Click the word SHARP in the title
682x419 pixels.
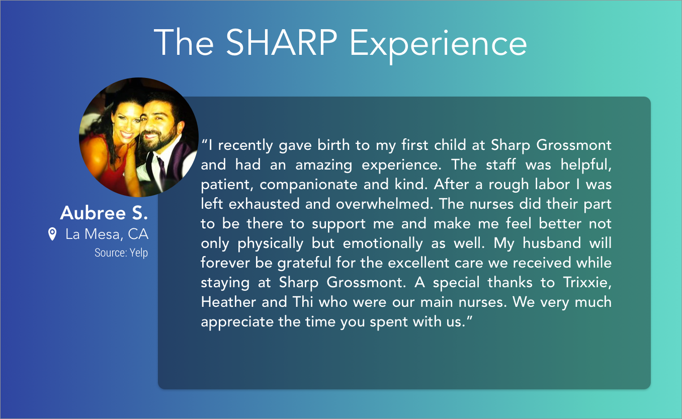click(281, 42)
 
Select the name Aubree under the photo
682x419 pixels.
click(93, 213)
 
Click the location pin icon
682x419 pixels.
click(52, 234)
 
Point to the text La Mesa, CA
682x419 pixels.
click(107, 234)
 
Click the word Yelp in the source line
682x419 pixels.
click(139, 253)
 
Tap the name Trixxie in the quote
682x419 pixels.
click(587, 282)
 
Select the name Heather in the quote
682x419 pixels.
click(228, 302)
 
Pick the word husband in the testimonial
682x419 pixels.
click(552, 243)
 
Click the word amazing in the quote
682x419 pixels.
click(323, 165)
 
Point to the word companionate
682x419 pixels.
click(308, 185)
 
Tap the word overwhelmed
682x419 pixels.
click(384, 204)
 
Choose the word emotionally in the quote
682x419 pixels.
click(383, 244)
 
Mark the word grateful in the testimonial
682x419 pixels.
click(304, 263)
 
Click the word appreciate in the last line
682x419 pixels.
click(237, 322)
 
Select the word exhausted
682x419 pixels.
click(264, 204)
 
